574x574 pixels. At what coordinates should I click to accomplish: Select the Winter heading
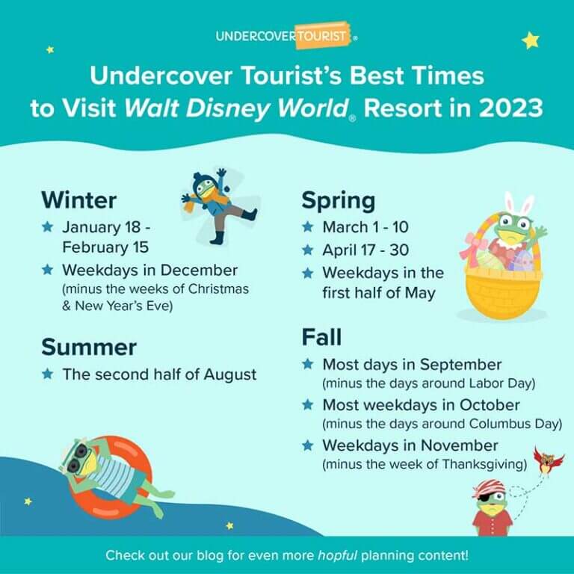click(79, 200)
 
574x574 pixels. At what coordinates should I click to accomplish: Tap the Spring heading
click(339, 200)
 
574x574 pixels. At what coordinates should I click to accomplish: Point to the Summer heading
click(89, 347)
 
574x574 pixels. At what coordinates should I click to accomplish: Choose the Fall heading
click(321, 337)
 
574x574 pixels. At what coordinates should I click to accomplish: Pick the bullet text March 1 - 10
click(365, 226)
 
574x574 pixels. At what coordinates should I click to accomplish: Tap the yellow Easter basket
click(504, 288)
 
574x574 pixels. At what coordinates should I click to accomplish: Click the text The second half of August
click(159, 374)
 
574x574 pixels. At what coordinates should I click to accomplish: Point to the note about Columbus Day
click(442, 424)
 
